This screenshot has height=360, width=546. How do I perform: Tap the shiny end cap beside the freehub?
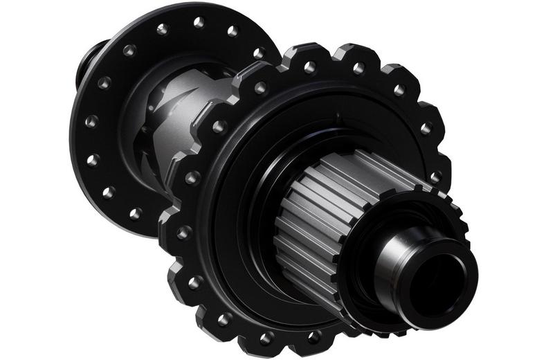[x=405, y=263]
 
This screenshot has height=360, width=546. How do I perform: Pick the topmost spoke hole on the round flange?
[x=199, y=22]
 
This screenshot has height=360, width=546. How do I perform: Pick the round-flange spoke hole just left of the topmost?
[x=163, y=29]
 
